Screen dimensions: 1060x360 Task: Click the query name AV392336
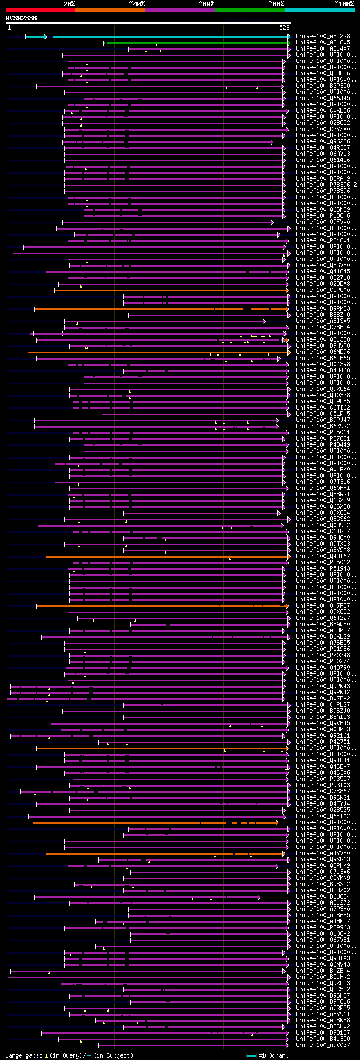coord(21,18)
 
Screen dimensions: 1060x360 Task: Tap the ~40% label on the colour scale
coord(137,4)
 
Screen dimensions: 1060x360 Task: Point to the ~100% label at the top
coord(344,4)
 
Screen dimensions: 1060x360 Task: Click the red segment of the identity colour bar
coord(40,10)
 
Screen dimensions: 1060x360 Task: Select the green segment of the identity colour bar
coord(249,10)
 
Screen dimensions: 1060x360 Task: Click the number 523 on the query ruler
coord(284,27)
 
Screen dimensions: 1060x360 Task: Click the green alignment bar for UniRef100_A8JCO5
coord(197,43)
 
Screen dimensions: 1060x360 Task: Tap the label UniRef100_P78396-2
coord(326,185)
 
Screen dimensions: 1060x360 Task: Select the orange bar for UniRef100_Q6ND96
coord(157,352)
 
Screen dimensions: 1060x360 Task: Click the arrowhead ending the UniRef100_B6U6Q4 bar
coord(259,897)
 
